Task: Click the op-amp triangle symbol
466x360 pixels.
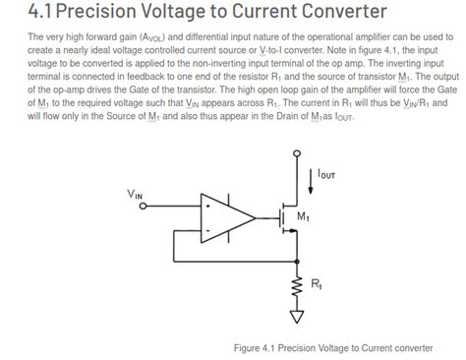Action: (x=223, y=217)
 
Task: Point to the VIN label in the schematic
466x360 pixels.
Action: (x=136, y=194)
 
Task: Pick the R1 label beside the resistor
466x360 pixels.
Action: (x=316, y=284)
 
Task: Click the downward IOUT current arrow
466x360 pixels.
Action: (x=309, y=177)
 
